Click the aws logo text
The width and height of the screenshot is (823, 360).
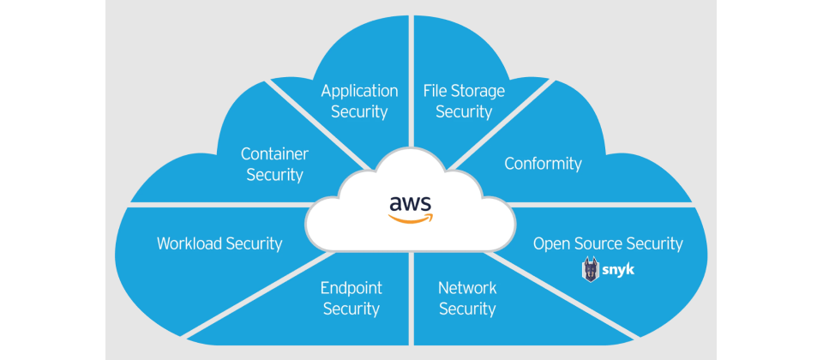[411, 203]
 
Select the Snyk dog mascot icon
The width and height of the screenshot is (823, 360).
[592, 269]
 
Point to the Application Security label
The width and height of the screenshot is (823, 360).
[359, 101]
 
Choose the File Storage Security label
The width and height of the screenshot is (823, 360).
[464, 101]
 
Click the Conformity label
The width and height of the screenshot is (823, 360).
[543, 164]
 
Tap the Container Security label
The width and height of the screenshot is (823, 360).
[274, 165]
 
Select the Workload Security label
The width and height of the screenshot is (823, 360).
[219, 243]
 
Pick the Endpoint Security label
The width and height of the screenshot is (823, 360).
[351, 298]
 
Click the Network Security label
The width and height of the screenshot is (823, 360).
[467, 298]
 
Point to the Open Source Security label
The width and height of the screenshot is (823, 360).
[608, 243]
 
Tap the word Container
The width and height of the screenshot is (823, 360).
[274, 154]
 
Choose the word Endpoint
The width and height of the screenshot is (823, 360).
[351, 288]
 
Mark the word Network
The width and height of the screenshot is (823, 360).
[467, 288]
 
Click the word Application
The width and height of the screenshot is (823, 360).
[359, 91]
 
